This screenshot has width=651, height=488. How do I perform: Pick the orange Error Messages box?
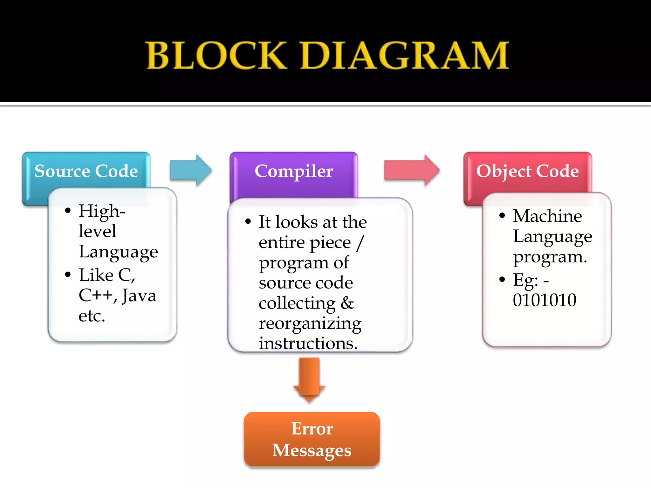pos(312,439)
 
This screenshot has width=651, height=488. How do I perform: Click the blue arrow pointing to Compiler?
pos(190,170)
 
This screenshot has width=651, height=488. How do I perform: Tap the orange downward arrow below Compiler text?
pos(309,380)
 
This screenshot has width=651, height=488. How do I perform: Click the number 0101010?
pos(545,300)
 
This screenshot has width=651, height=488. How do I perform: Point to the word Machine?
pos(547,216)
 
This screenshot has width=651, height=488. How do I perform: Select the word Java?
pos(139,295)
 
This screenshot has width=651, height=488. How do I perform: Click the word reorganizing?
pos(310,323)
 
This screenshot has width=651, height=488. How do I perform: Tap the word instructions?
pos(308,343)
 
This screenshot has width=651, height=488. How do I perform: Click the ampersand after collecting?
pos(347,303)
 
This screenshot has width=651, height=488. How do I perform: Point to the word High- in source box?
pos(102,211)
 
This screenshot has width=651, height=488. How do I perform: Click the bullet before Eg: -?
pos(502,280)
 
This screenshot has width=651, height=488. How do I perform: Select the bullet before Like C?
pos(68,274)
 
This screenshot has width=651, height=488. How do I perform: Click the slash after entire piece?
pos(360,243)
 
